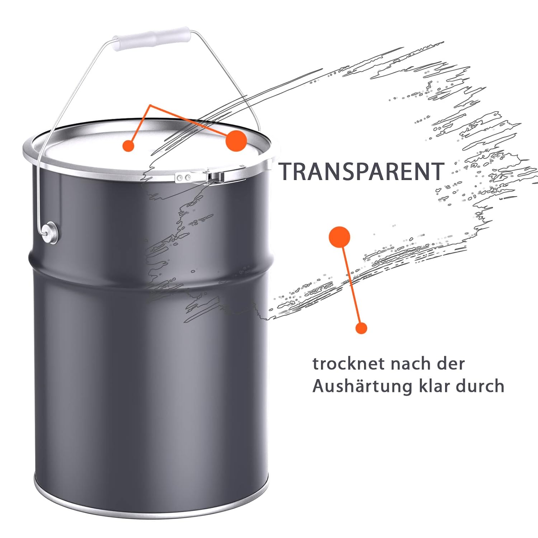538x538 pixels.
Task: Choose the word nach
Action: [410, 364]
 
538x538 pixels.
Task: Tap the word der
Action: [451, 364]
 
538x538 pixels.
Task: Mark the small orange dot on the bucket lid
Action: [128, 146]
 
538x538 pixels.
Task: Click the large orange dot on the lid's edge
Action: [236, 140]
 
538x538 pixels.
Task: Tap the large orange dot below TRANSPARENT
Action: [339, 237]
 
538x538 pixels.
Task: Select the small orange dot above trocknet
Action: [361, 328]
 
